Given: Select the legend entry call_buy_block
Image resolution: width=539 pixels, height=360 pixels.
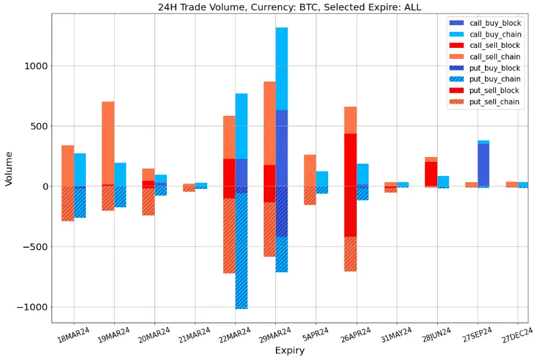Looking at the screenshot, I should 494,23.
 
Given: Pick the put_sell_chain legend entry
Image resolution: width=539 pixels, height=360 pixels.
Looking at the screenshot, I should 494,102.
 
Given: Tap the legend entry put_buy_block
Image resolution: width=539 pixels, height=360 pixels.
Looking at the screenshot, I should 494,68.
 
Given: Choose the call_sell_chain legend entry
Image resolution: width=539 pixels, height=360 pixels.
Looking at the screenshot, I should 494,57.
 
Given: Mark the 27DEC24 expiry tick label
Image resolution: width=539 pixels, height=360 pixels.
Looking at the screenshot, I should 517,338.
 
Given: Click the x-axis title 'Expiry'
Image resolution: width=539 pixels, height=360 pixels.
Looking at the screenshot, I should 288,351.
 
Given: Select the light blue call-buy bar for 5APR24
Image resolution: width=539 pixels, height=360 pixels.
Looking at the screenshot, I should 322,178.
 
